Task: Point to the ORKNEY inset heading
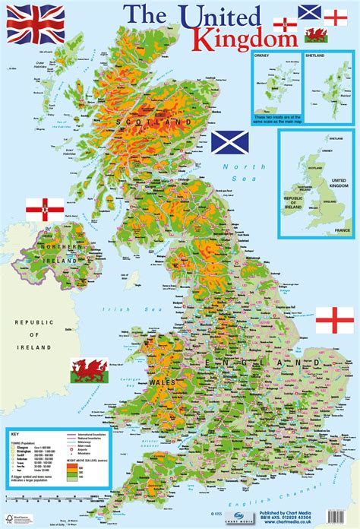click(264, 56)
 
